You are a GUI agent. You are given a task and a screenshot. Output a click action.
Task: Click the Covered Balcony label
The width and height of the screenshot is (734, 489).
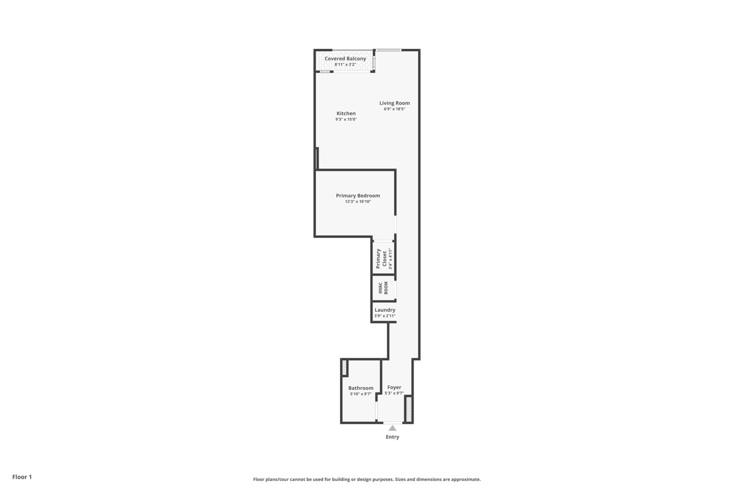click(345, 59)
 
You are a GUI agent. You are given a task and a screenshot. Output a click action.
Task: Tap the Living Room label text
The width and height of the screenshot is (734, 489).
click(394, 103)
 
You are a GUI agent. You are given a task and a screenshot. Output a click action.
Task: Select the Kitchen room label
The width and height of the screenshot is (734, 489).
click(346, 114)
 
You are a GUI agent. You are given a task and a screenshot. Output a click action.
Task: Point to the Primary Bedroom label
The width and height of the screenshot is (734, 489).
click(357, 196)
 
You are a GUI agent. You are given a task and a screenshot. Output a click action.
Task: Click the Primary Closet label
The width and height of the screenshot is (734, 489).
click(381, 259)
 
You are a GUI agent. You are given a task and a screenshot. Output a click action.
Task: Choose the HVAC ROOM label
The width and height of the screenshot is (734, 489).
click(383, 288)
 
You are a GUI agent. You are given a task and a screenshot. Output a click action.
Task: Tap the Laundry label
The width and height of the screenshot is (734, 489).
click(385, 310)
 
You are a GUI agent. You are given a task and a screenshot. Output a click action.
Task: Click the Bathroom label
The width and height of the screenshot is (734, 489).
click(361, 388)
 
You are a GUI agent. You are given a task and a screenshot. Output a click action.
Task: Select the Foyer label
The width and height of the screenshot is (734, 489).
click(394, 388)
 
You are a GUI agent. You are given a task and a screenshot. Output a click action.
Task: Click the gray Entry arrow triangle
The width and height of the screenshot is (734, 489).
click(392, 428)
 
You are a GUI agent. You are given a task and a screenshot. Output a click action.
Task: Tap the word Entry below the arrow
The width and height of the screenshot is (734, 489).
click(392, 437)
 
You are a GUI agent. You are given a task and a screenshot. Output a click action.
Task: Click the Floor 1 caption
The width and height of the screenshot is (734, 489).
click(22, 477)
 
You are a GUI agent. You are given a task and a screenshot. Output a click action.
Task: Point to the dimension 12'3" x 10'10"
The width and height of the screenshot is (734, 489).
click(357, 202)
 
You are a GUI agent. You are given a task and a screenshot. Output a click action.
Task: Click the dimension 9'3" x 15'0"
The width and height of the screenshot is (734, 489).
click(346, 120)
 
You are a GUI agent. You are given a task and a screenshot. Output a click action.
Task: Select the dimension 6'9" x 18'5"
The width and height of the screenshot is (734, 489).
click(394, 109)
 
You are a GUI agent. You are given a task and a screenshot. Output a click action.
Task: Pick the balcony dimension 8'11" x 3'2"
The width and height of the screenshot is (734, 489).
click(345, 65)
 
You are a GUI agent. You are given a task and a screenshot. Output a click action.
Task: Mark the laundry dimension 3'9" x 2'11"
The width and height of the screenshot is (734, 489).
click(385, 316)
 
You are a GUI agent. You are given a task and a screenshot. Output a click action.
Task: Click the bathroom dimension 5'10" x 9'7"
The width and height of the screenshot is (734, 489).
click(361, 394)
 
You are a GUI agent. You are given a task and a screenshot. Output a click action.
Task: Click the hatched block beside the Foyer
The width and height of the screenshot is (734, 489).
click(408, 409)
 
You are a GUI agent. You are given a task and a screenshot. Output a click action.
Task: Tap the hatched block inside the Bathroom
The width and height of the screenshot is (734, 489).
click(344, 367)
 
